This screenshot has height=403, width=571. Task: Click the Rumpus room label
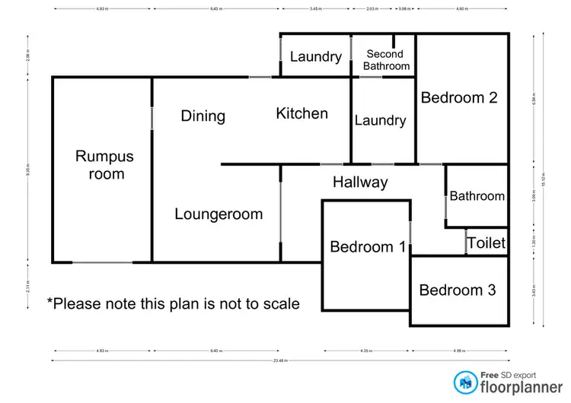coord(104,165)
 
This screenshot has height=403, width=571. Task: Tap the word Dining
coord(203,116)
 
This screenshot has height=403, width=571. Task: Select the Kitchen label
coord(301,113)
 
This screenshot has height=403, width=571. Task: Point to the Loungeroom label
coord(219,214)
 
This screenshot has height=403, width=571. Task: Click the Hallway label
coord(360,182)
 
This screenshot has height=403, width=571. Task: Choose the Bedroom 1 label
coord(367,247)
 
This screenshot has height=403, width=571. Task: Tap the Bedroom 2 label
coord(459,97)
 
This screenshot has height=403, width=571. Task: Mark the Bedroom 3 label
coord(458,290)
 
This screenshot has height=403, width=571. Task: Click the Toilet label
coord(486,243)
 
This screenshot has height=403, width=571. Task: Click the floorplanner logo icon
coord(463,382)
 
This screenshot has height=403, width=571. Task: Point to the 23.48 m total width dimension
coord(279,360)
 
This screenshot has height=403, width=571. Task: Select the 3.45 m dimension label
coord(315,9)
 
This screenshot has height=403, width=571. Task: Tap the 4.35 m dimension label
coord(367,351)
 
